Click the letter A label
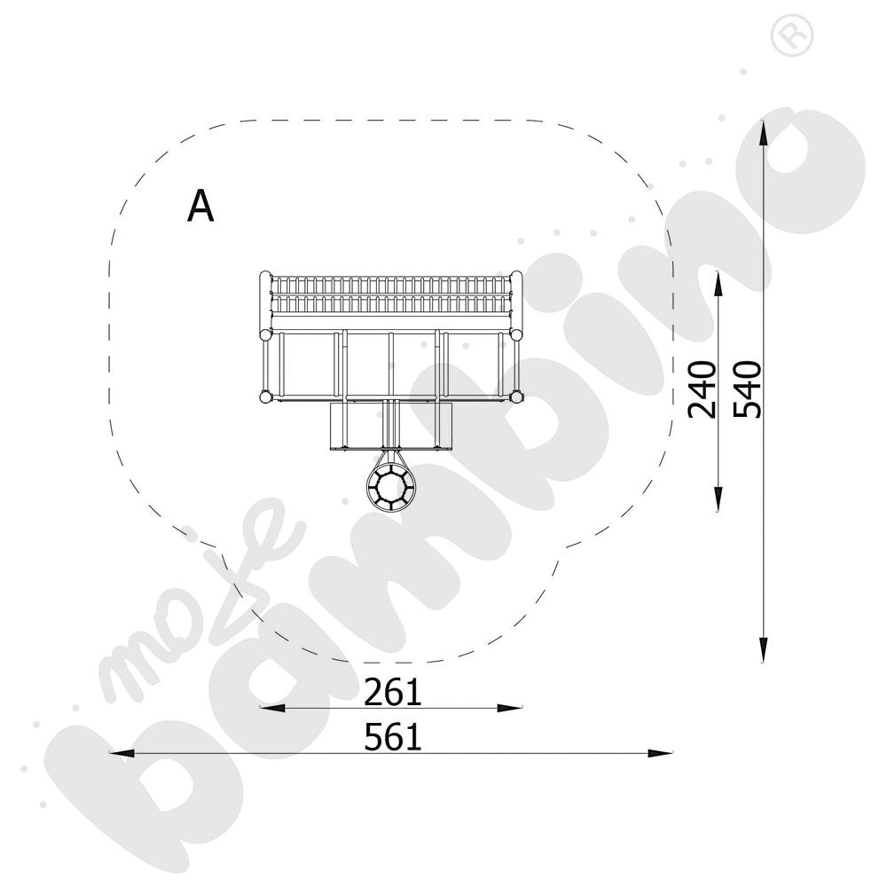(200, 207)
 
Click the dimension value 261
(393, 693)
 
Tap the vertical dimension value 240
(702, 389)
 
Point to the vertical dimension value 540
(747, 389)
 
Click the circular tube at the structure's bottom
(389, 486)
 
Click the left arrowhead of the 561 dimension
(122, 753)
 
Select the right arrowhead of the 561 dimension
(660, 753)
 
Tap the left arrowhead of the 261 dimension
(272, 708)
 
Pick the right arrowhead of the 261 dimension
(510, 708)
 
